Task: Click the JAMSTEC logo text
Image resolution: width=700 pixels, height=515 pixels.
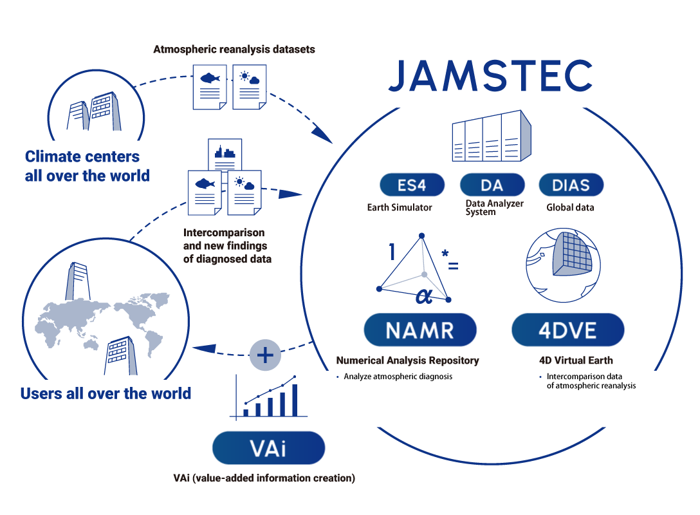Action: coord(490,76)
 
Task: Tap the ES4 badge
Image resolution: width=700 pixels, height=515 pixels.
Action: coord(412,185)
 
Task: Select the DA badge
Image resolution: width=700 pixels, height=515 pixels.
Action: coord(492,185)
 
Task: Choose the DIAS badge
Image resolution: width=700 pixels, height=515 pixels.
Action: coord(571,185)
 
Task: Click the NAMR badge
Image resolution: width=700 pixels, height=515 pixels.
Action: coord(419,330)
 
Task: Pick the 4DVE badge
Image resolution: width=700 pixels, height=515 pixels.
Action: coord(567,330)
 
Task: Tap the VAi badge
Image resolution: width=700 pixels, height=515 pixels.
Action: coord(268,448)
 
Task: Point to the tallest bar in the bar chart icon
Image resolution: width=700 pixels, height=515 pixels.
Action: coord(295,399)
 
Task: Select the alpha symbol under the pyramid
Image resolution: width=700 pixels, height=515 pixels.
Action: coord(423,295)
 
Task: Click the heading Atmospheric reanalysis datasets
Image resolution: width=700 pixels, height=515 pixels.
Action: coord(234,49)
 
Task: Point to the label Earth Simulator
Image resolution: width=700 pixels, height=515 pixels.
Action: coord(400,207)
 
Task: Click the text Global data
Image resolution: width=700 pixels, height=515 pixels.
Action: coord(570,207)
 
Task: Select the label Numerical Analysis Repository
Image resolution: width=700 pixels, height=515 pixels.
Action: coord(407,360)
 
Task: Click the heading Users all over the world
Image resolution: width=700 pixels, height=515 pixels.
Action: coord(106,393)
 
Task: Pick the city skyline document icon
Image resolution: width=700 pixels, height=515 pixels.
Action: coord(225,154)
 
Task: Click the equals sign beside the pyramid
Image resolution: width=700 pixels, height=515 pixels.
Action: coord(453,265)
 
